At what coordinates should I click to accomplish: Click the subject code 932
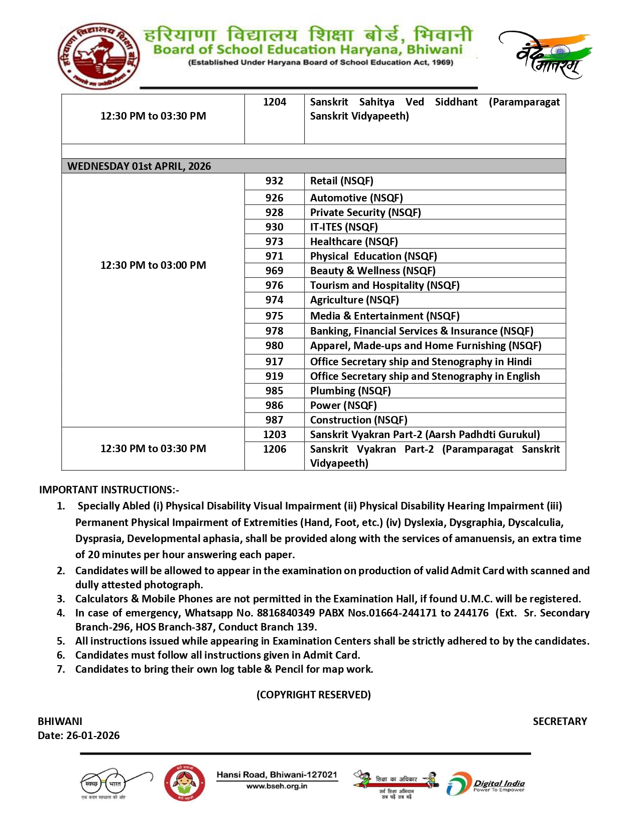[274, 181]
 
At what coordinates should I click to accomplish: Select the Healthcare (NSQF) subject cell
[354, 242]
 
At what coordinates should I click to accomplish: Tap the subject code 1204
[275, 102]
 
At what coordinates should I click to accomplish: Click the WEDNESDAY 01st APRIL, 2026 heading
[139, 166]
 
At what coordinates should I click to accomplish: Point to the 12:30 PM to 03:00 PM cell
[153, 265]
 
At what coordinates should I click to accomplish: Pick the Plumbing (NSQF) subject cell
[350, 391]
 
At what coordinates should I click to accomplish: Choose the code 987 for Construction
[274, 420]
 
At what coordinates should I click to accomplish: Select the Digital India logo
[485, 784]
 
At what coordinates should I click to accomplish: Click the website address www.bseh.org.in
[277, 786]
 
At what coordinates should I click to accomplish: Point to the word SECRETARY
[560, 721]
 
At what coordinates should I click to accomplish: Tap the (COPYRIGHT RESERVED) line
[314, 695]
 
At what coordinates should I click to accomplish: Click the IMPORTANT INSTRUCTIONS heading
[109, 490]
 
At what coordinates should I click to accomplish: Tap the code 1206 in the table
[275, 449]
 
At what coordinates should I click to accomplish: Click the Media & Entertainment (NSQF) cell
[385, 316]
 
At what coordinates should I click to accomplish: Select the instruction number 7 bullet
[61, 669]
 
